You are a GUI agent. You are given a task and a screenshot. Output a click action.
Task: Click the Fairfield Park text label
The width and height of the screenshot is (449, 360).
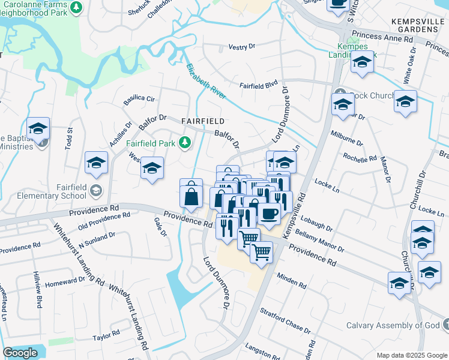click(x=150, y=143)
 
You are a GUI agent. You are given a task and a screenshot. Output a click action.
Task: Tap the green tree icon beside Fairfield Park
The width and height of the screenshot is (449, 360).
click(x=186, y=142)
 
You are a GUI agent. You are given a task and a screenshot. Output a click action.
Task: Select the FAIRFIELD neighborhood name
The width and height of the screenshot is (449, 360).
click(x=203, y=121)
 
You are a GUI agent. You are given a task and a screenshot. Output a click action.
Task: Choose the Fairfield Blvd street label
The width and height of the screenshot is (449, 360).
click(x=260, y=85)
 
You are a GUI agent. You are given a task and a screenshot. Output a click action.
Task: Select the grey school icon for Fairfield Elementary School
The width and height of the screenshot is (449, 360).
click(x=95, y=191)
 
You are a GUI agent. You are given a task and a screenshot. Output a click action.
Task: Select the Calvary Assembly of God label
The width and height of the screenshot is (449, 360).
click(x=393, y=326)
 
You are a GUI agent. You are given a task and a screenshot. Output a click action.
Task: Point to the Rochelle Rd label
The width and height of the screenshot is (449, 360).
click(x=360, y=158)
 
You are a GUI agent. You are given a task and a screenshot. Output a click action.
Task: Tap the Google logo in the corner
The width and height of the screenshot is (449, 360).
click(x=20, y=353)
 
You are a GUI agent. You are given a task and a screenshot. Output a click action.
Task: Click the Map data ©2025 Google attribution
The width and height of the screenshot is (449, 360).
click(x=411, y=355)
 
